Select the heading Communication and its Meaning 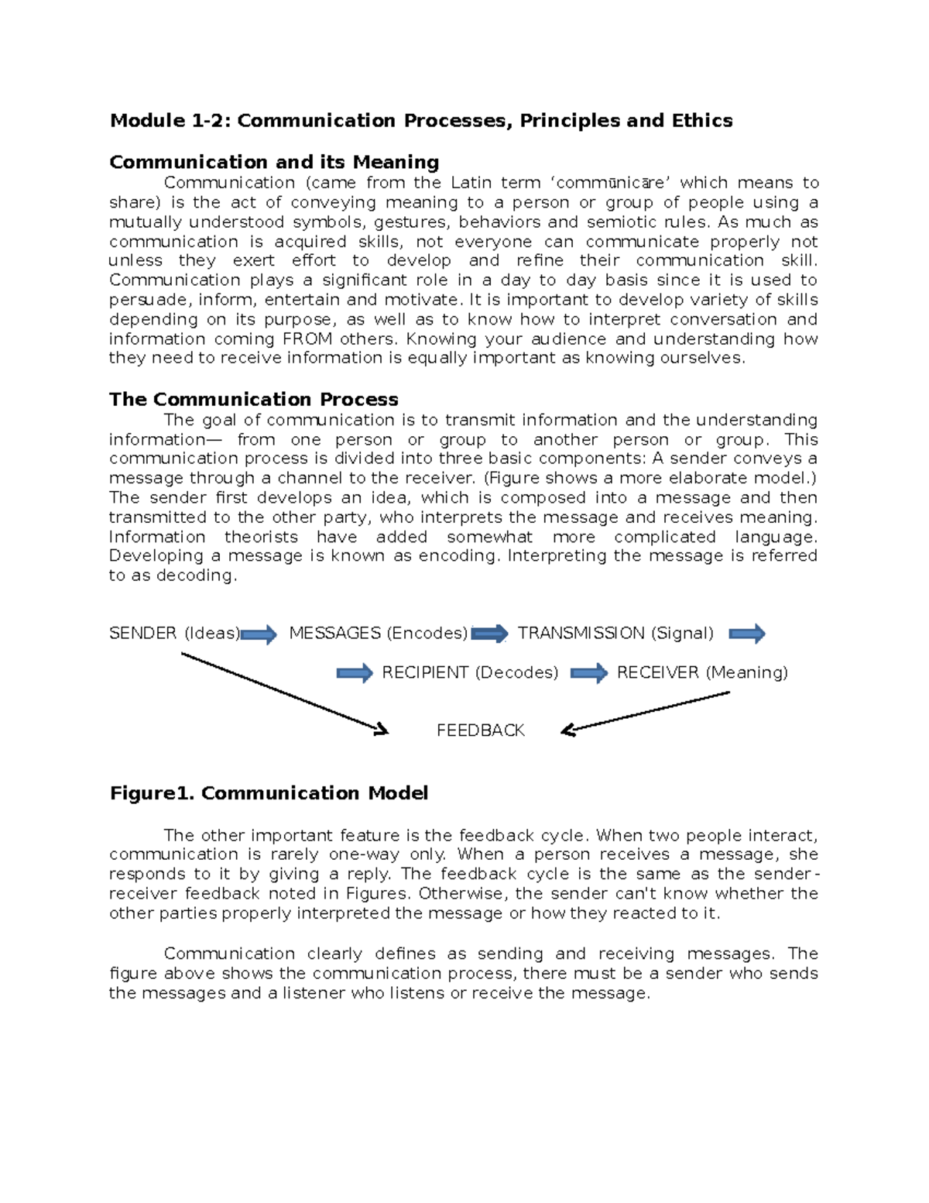(274, 162)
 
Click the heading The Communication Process (253, 400)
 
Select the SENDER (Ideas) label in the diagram (174, 634)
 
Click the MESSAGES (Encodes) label (378, 634)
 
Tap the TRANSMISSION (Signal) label (615, 634)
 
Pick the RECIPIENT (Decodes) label (470, 672)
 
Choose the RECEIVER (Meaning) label (702, 672)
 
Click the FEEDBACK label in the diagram (480, 730)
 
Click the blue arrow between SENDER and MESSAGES (259, 635)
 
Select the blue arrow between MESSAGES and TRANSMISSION (489, 634)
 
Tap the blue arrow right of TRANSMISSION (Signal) (747, 634)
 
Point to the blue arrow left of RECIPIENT (355, 673)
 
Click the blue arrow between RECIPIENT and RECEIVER (589, 673)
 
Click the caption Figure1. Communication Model (269, 793)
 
